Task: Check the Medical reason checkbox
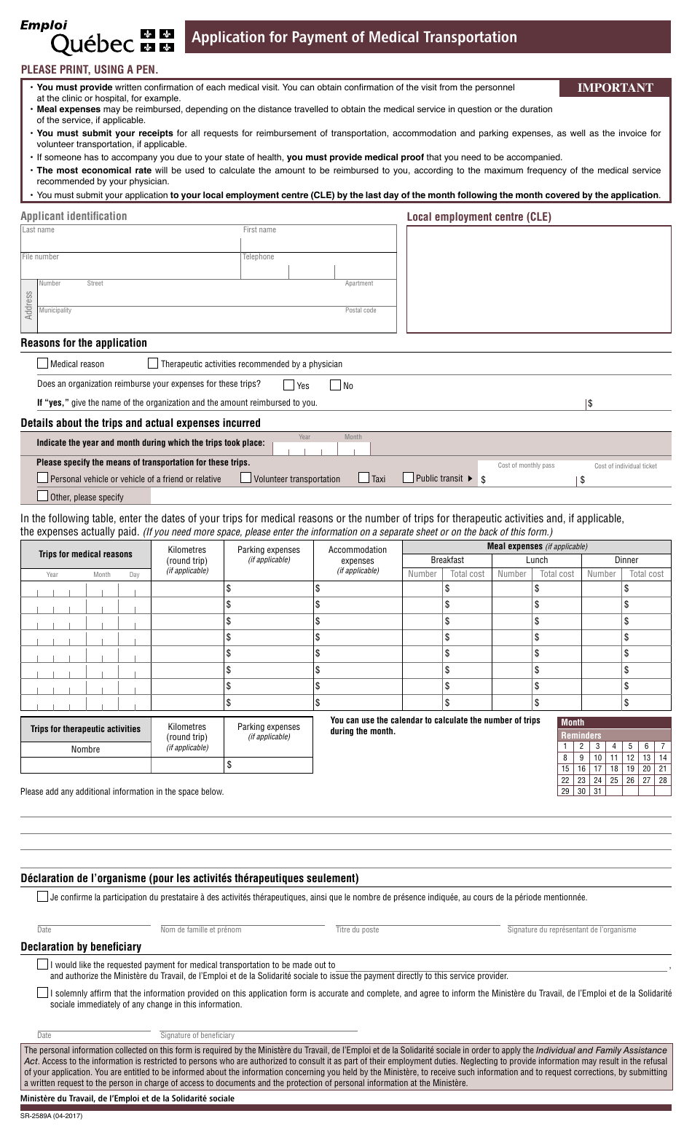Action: tap(43, 363)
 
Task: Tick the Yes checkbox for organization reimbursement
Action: tap(289, 385)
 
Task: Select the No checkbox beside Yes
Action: tap(336, 385)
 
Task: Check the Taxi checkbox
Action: tap(364, 478)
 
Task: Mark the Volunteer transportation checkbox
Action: tap(246, 478)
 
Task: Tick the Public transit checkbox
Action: tap(409, 478)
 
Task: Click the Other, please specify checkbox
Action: tap(43, 496)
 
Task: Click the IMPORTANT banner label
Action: tap(615, 88)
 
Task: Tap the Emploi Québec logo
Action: tap(98, 36)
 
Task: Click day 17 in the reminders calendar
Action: tap(597, 768)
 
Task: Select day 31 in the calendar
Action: tap(597, 791)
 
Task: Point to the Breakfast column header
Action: tap(447, 560)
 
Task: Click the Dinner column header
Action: tap(626, 560)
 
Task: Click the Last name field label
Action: tap(38, 230)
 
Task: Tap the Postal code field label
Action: tap(361, 310)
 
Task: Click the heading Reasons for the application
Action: tap(84, 343)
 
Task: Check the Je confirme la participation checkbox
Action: tap(43, 897)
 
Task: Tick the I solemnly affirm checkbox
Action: tap(43, 992)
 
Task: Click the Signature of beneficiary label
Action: tap(197, 1035)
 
